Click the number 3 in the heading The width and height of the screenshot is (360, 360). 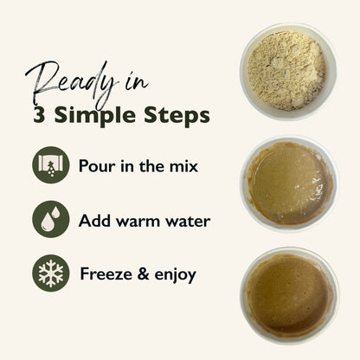[39, 115]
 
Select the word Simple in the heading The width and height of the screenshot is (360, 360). [94, 117]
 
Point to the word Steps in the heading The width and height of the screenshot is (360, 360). [177, 117]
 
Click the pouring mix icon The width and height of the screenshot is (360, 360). [51, 165]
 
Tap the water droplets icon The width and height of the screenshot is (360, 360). [51, 219]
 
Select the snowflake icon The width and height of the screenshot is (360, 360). [51, 273]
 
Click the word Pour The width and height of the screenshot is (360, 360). [98, 166]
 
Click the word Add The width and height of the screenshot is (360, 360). [94, 221]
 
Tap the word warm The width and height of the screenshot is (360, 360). [138, 222]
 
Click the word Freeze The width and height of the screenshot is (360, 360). [106, 273]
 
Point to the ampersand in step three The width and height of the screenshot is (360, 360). [143, 273]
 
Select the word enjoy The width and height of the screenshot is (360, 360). [175, 275]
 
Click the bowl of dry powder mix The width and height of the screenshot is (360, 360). [288, 72]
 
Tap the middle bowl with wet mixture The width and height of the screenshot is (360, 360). [289, 183]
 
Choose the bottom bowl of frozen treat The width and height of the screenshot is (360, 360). [289, 295]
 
